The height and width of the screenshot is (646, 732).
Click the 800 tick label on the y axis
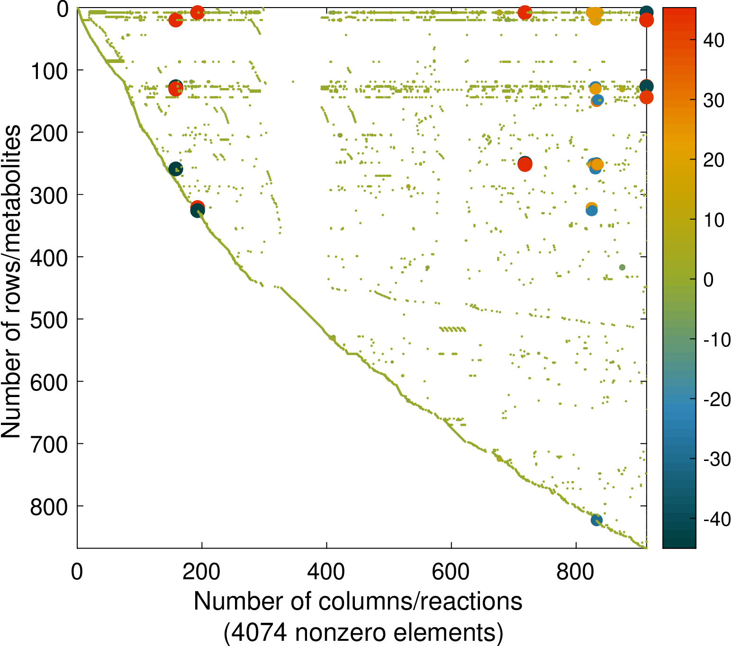click(x=49, y=507)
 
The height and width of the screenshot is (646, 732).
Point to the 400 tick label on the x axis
click(x=326, y=572)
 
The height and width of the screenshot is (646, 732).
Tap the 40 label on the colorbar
click(x=714, y=41)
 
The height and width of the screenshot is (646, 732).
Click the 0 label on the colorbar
click(x=708, y=280)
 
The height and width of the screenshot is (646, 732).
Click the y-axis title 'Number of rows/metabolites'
click(x=11, y=282)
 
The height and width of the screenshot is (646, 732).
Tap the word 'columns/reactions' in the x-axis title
click(x=421, y=602)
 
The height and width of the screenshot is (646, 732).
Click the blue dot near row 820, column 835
click(x=596, y=520)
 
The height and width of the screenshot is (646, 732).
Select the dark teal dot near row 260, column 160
click(x=175, y=169)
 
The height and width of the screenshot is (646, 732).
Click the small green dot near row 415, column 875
click(x=622, y=267)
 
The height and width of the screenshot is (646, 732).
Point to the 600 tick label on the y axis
click(x=49, y=382)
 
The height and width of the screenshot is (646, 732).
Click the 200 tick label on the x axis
click(x=201, y=572)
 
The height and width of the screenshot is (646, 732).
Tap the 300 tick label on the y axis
click(x=49, y=195)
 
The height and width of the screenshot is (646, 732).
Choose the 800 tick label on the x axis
click(x=575, y=572)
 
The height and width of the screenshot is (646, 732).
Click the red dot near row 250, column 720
click(x=524, y=164)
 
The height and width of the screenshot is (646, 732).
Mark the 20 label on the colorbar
click(x=714, y=160)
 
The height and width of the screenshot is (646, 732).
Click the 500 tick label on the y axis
click(x=49, y=320)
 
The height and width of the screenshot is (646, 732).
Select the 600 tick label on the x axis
click(x=451, y=572)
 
